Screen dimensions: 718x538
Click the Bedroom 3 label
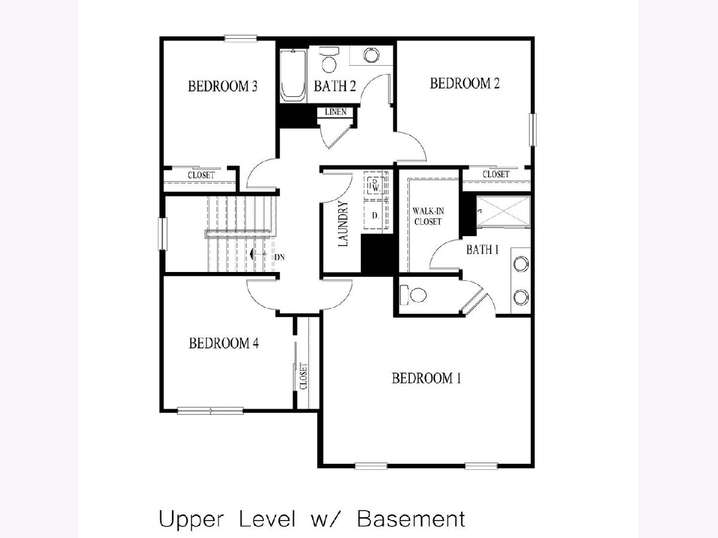pos(223,86)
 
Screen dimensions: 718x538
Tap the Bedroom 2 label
pos(464,83)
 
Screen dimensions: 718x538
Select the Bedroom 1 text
pos(426,378)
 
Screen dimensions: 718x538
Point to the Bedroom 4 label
pos(224,343)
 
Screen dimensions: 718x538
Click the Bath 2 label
pos(334,86)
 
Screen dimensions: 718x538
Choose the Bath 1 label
pos(482,250)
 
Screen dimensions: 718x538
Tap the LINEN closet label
pos(336,112)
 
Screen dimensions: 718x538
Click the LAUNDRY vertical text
pos(343,224)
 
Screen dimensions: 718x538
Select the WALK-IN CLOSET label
pos(428,216)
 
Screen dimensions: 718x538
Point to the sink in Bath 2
pos(372,54)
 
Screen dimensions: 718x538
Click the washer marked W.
pos(376,185)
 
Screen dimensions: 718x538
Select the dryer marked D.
pos(376,215)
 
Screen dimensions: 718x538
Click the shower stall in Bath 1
pos(503,211)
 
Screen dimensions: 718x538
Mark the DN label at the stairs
pos(279,258)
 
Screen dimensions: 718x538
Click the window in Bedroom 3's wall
pos(241,38)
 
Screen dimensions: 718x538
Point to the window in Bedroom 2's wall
pos(533,129)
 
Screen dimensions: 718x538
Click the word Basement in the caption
pos(411,519)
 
